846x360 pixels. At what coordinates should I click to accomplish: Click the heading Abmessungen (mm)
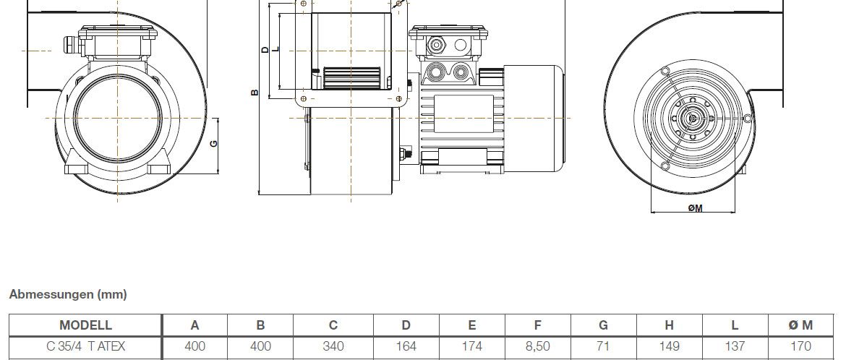(68, 294)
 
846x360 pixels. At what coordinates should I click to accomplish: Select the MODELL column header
(85, 325)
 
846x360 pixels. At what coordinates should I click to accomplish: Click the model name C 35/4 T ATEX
(85, 346)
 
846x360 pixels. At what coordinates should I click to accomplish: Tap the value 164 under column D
(406, 346)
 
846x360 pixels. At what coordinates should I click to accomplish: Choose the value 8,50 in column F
(538, 346)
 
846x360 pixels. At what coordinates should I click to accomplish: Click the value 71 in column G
(604, 346)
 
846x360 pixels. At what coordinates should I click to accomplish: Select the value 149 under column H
(670, 346)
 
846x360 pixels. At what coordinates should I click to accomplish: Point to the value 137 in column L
(735, 346)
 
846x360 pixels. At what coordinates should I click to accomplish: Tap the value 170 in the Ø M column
(801, 346)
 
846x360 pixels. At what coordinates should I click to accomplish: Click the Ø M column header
(801, 325)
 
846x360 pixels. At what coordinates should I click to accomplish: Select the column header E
(472, 325)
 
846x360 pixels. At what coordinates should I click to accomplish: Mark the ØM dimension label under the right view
(696, 208)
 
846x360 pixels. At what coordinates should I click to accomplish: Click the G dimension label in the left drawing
(213, 144)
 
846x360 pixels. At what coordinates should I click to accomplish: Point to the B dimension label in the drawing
(254, 93)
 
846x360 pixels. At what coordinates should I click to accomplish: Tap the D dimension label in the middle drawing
(265, 50)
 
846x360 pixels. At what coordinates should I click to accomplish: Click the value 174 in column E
(472, 346)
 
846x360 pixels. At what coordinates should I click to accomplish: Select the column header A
(195, 325)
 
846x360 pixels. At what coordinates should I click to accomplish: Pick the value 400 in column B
(260, 346)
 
